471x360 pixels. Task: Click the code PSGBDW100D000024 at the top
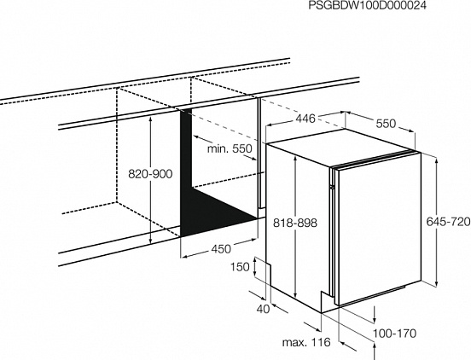click(368, 6)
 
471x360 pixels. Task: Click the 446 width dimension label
click(305, 119)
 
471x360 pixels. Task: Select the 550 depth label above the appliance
click(387, 124)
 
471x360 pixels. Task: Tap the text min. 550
click(230, 148)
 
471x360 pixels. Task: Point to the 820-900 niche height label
click(150, 174)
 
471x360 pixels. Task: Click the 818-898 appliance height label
click(295, 223)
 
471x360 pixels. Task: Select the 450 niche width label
click(221, 249)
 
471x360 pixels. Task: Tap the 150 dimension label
click(240, 267)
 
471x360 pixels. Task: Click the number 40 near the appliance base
click(264, 309)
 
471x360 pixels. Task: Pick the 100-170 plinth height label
click(394, 333)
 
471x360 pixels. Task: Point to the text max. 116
click(306, 342)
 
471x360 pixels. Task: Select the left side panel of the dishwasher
click(298, 228)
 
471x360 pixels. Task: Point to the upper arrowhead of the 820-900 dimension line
click(150, 119)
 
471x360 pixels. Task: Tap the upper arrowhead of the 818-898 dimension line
click(295, 160)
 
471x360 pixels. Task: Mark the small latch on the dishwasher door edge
click(331, 187)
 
